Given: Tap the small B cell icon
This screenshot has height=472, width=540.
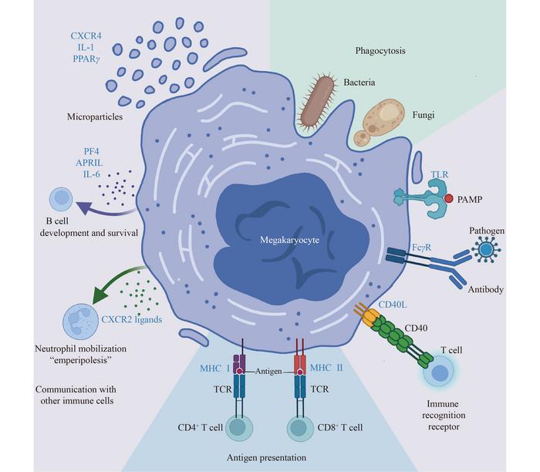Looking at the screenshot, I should coord(62,201).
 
